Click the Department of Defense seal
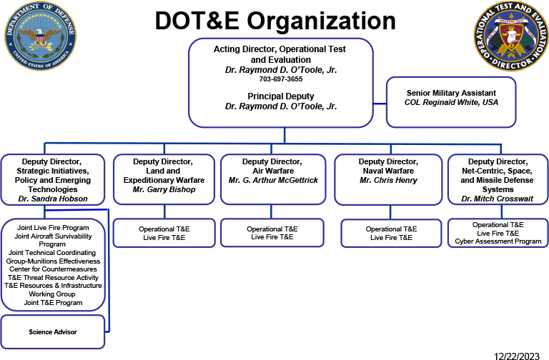click(x=39, y=36)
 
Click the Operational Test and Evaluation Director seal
click(x=509, y=36)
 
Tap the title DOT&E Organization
click(x=275, y=21)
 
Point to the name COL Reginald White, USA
click(x=461, y=103)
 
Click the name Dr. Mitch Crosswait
click(x=498, y=199)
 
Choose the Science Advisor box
click(x=53, y=332)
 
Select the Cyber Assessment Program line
click(x=498, y=241)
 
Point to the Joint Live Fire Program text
click(x=53, y=228)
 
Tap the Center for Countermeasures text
click(x=53, y=269)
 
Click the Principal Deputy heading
click(x=280, y=95)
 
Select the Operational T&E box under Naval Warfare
click(x=391, y=233)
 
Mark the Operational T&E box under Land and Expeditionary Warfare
click(x=164, y=233)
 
